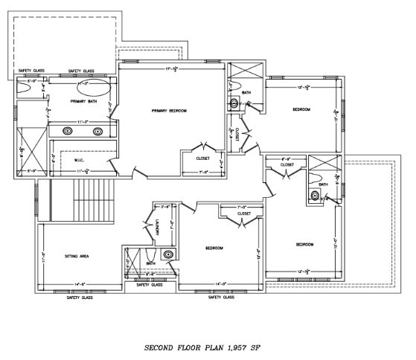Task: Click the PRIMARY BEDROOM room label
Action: pos(169,111)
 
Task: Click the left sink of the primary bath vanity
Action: pos(68,131)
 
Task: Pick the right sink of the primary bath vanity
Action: pos(97,131)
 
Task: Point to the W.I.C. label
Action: pos(80,159)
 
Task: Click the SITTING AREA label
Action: pos(78,256)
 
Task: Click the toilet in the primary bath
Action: pos(22,88)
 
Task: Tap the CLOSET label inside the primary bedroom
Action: pos(202,158)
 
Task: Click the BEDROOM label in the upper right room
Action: pos(301,109)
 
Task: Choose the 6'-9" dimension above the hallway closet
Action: pos(287,158)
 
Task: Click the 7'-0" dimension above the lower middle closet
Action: pos(240,207)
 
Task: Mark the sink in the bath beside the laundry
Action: pos(168,254)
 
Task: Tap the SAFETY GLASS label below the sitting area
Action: pos(80,297)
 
